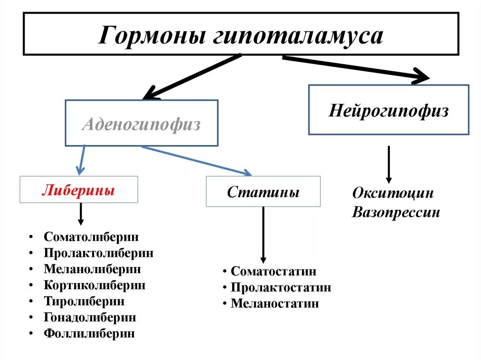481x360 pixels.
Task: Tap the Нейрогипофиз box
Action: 388,111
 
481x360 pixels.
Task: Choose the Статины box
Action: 263,192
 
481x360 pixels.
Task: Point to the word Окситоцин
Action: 393,193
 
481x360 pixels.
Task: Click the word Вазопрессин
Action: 396,212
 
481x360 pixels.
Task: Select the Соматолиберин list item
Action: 92,237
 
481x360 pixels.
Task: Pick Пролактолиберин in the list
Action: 99,253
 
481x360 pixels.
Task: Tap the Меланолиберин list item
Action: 93,269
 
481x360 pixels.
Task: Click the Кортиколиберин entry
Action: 94,285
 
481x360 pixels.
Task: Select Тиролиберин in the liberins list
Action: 85,301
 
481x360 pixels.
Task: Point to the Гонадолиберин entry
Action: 90,317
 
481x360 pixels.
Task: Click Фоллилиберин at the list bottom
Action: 89,334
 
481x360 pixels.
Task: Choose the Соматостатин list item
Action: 273,271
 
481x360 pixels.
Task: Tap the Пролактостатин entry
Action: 281,287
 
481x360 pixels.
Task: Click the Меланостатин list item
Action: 275,304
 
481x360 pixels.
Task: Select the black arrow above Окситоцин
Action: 388,164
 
